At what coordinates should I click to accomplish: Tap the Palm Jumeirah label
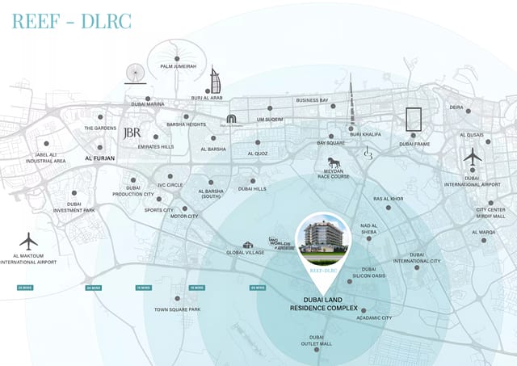click(x=179, y=66)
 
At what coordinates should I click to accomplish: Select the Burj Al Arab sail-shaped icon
click(x=214, y=81)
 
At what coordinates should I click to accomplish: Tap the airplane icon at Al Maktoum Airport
click(x=29, y=241)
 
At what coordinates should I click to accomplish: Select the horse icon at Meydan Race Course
click(x=334, y=164)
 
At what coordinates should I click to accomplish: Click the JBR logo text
click(x=131, y=133)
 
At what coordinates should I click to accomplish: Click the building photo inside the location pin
click(x=322, y=235)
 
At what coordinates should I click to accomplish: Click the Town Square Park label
click(x=178, y=309)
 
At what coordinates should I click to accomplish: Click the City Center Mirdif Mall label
click(x=490, y=213)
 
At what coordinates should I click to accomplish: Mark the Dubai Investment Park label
click(x=74, y=208)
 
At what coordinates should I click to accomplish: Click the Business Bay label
click(x=312, y=100)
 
